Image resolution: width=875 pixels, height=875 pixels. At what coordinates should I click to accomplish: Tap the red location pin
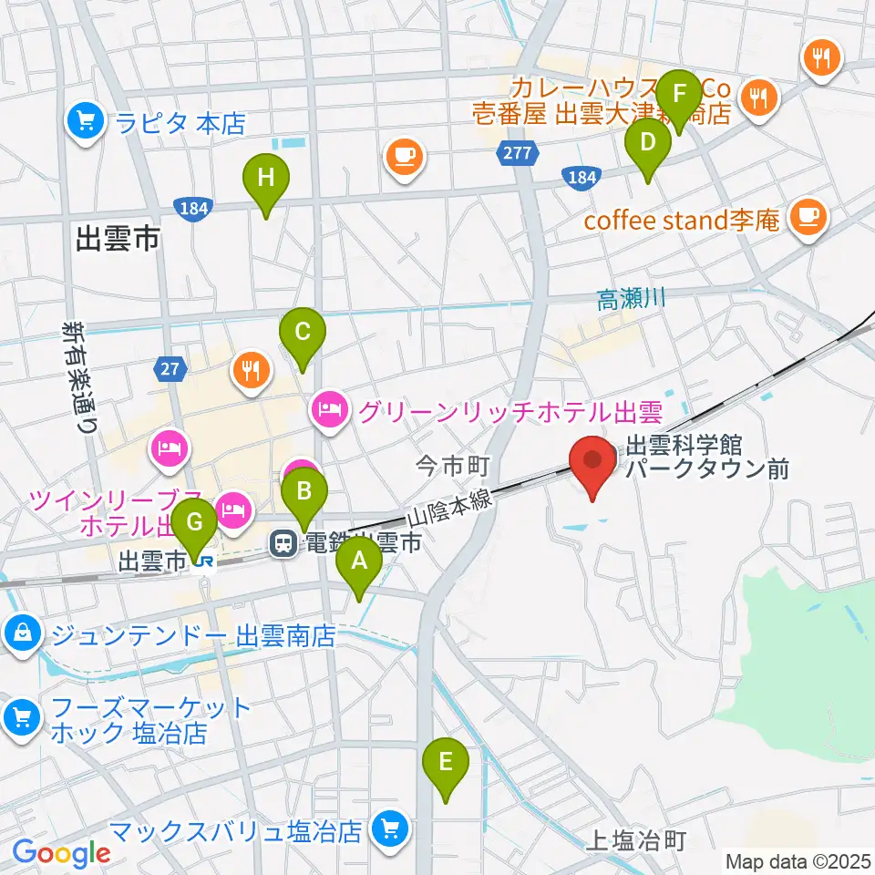click(x=592, y=465)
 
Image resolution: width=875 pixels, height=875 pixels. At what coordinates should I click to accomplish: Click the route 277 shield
click(x=519, y=153)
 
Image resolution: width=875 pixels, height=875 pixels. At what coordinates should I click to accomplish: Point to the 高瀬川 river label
click(x=633, y=299)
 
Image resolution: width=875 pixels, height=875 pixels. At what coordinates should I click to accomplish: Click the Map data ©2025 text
click(x=798, y=860)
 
